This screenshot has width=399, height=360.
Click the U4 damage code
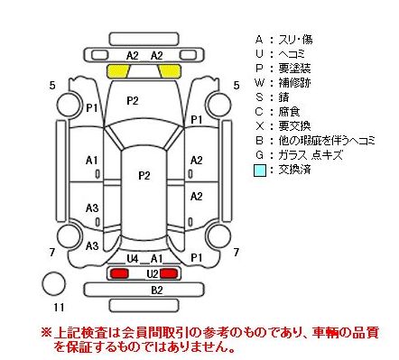coord(132,258)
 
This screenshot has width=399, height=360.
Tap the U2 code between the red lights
coord(153,274)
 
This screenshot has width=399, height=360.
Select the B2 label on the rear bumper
coord(157,290)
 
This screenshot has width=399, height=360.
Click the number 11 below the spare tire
coord(59,308)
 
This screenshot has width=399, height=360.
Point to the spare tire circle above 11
coord(54,283)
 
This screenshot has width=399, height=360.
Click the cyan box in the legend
coord(260,171)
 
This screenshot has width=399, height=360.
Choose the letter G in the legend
coord(259,155)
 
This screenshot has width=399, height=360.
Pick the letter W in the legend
coord(259,83)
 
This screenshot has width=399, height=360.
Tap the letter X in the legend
coord(259,126)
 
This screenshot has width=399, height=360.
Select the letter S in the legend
coord(259,97)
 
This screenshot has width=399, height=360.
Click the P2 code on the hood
coord(133,101)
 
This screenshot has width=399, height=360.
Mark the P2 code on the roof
coord(144,175)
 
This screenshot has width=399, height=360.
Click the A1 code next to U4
coord(156,258)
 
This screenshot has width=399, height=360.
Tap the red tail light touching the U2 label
coord(169,273)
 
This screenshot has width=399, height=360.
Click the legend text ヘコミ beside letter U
coord(292,54)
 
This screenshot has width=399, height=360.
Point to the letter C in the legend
coord(259,112)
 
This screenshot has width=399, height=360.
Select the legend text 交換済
coord(294,170)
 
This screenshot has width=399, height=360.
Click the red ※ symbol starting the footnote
coord(46,333)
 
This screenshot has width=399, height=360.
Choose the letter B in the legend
coord(259,141)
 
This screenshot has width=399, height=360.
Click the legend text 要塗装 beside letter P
coord(294,69)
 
